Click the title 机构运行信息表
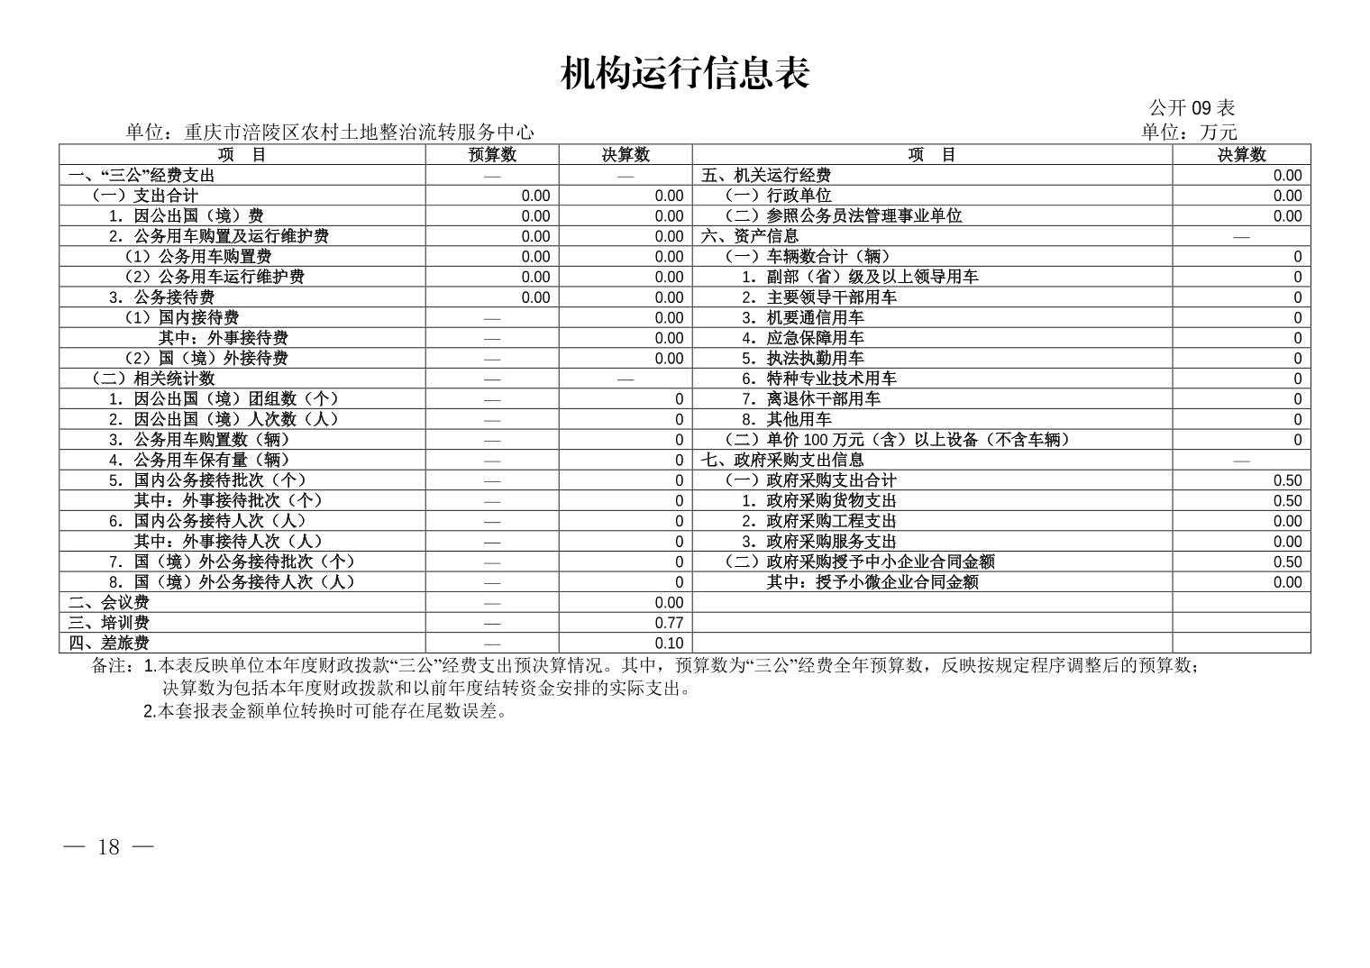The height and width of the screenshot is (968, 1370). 685,73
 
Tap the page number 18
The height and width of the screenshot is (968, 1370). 109,847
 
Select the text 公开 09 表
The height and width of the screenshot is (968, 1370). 1192,107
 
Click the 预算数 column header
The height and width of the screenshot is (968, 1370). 492,155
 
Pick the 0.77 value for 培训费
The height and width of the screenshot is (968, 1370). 669,623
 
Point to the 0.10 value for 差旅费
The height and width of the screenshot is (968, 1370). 669,644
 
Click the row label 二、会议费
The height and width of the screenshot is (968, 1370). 108,602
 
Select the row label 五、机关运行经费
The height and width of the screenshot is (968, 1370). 766,176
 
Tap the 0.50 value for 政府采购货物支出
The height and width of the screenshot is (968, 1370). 1287,501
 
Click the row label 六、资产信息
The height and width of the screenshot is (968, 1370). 750,236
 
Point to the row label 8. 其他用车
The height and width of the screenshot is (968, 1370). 787,419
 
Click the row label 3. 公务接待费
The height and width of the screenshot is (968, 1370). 161,297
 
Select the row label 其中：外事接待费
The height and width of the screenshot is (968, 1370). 223,338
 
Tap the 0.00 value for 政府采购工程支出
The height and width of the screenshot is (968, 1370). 1287,521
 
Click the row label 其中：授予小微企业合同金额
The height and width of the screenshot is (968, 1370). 872,582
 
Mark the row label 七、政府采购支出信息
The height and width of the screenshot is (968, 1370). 782,460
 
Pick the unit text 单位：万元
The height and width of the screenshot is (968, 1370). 1189,132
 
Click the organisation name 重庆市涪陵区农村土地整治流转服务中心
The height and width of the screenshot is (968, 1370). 359,132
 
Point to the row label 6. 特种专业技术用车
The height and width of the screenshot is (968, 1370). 819,379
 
